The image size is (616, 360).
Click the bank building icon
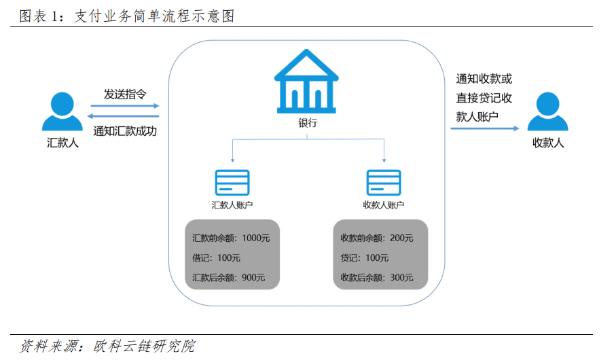[306, 82]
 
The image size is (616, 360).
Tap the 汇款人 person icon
[62, 111]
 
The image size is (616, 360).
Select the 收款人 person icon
[547, 111]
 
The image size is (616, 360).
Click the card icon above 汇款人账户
[232, 182]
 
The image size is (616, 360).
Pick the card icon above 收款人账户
[384, 182]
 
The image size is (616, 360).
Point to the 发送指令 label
[125, 94]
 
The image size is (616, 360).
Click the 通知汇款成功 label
[125, 131]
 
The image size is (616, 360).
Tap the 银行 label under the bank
[308, 123]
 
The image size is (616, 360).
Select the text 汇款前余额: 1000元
[231, 238]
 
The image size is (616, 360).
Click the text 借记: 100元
[216, 258]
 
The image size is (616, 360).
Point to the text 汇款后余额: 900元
[229, 277]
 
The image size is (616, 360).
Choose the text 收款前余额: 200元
[377, 238]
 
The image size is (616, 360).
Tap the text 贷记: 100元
[364, 258]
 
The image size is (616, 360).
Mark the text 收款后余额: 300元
[377, 277]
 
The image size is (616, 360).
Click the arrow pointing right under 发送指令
[125, 106]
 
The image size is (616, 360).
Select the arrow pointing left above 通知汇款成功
[123, 116]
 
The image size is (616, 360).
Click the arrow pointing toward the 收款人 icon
[485, 128]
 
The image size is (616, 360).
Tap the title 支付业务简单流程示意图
[154, 16]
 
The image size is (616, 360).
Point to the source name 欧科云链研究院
[144, 346]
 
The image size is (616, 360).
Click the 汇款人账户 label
[232, 205]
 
